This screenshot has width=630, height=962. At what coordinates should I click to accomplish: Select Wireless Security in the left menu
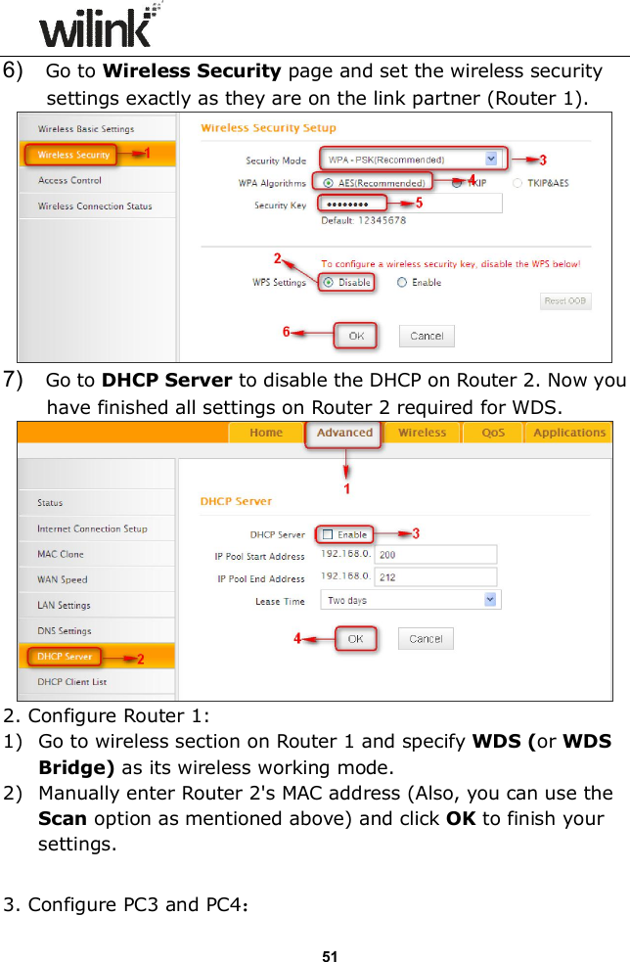pyautogui.click(x=73, y=155)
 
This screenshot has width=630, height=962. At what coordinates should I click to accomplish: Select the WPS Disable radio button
pyautogui.click(x=329, y=283)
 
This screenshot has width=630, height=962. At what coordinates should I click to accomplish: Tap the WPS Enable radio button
pyautogui.click(x=402, y=283)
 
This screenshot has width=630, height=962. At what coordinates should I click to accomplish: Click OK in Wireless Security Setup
pyautogui.click(x=356, y=336)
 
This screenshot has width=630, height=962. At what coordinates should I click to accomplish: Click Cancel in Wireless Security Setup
pyautogui.click(x=426, y=336)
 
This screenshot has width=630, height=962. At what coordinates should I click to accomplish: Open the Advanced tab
pyautogui.click(x=344, y=433)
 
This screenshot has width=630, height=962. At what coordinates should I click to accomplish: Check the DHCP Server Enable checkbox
pyautogui.click(x=328, y=534)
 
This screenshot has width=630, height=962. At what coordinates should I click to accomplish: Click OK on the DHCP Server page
pyautogui.click(x=355, y=639)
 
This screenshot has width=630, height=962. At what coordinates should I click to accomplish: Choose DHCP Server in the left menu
pyautogui.click(x=65, y=657)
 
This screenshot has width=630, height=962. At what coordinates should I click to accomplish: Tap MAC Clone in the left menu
pyautogui.click(x=61, y=554)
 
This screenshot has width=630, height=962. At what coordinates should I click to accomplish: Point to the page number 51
pyautogui.click(x=330, y=955)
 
